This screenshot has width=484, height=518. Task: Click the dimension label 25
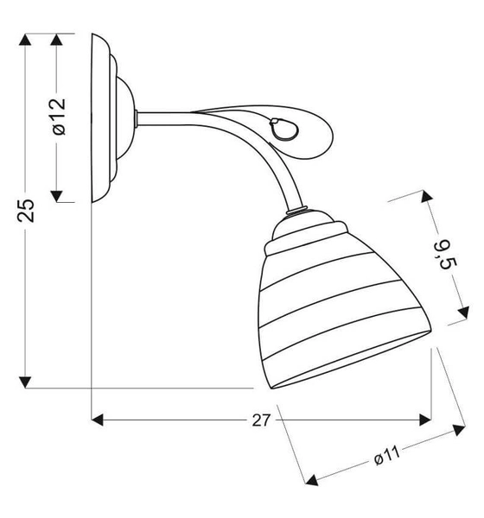[x=27, y=210]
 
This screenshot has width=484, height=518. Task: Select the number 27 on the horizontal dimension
[x=262, y=420]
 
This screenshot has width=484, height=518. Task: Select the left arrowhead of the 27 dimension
[x=98, y=420]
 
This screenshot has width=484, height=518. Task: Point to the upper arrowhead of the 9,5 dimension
[x=429, y=198]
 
